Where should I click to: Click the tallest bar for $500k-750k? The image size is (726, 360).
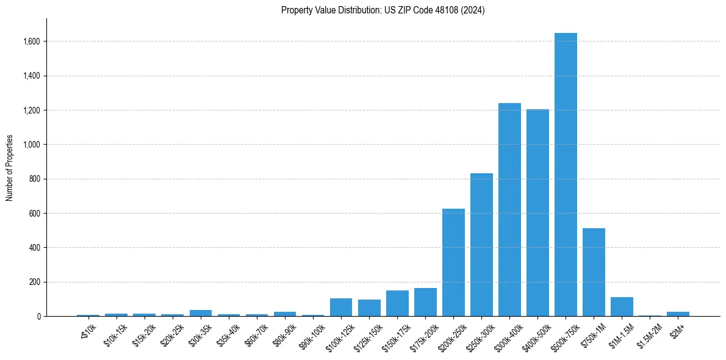[x=566, y=177]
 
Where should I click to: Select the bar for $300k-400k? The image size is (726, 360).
[x=509, y=211]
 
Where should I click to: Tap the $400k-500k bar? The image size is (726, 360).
[x=537, y=214]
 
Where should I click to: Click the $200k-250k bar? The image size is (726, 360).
[x=453, y=263]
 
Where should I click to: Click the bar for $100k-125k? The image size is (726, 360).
[x=341, y=308]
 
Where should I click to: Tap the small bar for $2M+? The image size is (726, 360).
[x=678, y=314]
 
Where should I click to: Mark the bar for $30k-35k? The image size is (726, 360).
[x=201, y=313]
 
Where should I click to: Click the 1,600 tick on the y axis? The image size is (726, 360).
[x=32, y=41]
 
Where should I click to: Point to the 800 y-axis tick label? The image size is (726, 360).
[x=34, y=179]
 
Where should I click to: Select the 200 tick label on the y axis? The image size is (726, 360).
[x=34, y=282]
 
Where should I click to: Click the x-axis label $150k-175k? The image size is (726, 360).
[x=394, y=335]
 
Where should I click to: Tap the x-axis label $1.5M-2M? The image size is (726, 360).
[x=648, y=335]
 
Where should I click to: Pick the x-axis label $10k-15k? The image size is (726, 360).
[x=115, y=334]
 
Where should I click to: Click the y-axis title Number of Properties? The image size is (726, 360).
[x=10, y=168]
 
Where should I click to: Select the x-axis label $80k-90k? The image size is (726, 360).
[x=283, y=334]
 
